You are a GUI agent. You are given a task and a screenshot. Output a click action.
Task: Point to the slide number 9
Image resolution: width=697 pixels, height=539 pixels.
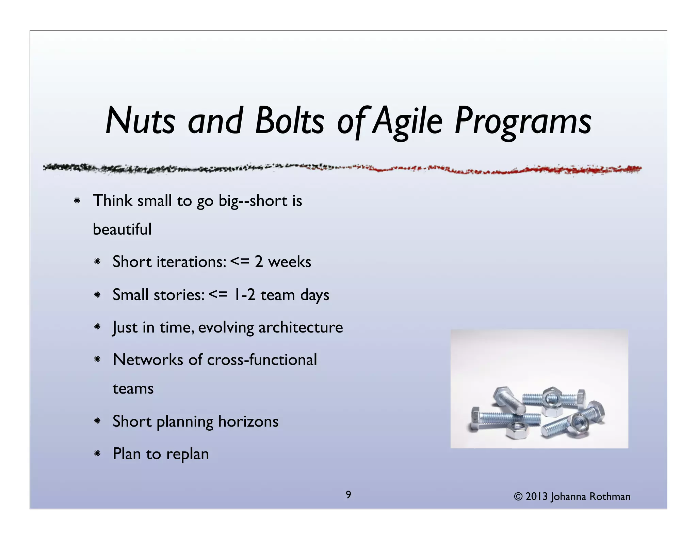(x=348, y=495)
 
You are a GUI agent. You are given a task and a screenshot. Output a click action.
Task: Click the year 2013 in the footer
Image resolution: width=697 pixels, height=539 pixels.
(x=537, y=496)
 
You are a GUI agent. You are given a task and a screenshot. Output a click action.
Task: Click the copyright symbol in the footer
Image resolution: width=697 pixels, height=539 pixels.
(x=518, y=497)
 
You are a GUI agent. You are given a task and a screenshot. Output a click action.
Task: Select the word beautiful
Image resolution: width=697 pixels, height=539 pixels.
(x=122, y=229)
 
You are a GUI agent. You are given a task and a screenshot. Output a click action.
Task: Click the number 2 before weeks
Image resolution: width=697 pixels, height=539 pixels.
(x=259, y=262)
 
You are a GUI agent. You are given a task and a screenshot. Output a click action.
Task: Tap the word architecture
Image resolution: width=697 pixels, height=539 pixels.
(x=301, y=327)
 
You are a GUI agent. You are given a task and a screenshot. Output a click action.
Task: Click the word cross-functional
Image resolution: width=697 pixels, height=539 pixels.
(x=262, y=360)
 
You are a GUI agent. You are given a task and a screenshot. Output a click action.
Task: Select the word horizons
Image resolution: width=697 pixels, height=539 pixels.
(x=248, y=421)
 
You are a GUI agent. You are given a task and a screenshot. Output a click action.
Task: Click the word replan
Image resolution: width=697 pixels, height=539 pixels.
(x=188, y=454)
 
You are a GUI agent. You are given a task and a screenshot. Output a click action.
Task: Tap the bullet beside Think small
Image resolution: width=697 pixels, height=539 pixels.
(x=77, y=201)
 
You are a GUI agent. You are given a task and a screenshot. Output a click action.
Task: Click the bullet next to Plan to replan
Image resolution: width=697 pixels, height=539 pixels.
(x=97, y=453)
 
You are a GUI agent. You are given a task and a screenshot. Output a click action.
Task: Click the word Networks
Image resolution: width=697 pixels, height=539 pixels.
(x=148, y=360)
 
